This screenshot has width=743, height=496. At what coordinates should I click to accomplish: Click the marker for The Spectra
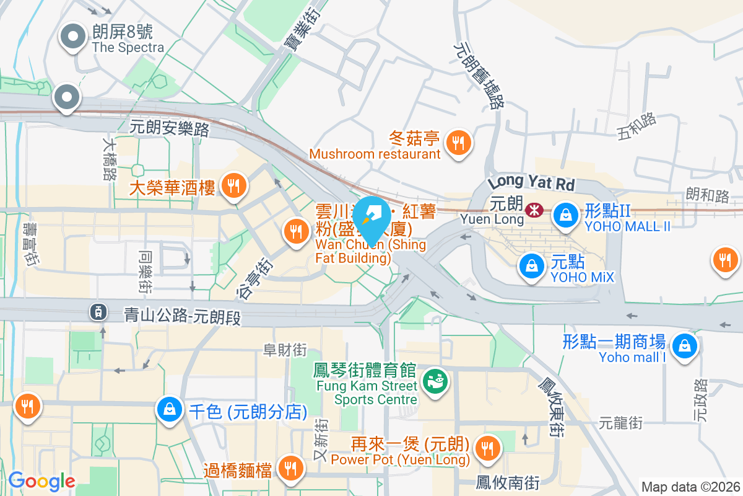(74, 37)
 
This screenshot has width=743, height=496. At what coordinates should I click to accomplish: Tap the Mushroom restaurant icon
(459, 144)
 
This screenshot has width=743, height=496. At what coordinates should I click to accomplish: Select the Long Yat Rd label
(531, 182)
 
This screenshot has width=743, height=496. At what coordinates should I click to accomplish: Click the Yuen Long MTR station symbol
(531, 211)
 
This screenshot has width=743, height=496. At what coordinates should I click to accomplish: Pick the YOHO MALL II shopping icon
(565, 216)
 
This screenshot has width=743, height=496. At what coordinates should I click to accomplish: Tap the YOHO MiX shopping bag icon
(531, 265)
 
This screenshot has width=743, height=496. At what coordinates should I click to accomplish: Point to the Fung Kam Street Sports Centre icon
(435, 380)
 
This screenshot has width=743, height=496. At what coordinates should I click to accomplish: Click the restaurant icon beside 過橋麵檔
(289, 467)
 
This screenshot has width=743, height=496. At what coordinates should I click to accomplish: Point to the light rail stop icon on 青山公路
(98, 311)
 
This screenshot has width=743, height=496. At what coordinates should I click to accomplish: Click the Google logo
(41, 481)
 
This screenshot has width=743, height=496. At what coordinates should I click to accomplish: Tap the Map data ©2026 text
(690, 487)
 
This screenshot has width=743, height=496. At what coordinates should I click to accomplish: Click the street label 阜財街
(285, 350)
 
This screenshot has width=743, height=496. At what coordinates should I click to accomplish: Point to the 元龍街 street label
(620, 423)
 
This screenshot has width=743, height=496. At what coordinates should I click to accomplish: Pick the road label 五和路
(637, 126)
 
